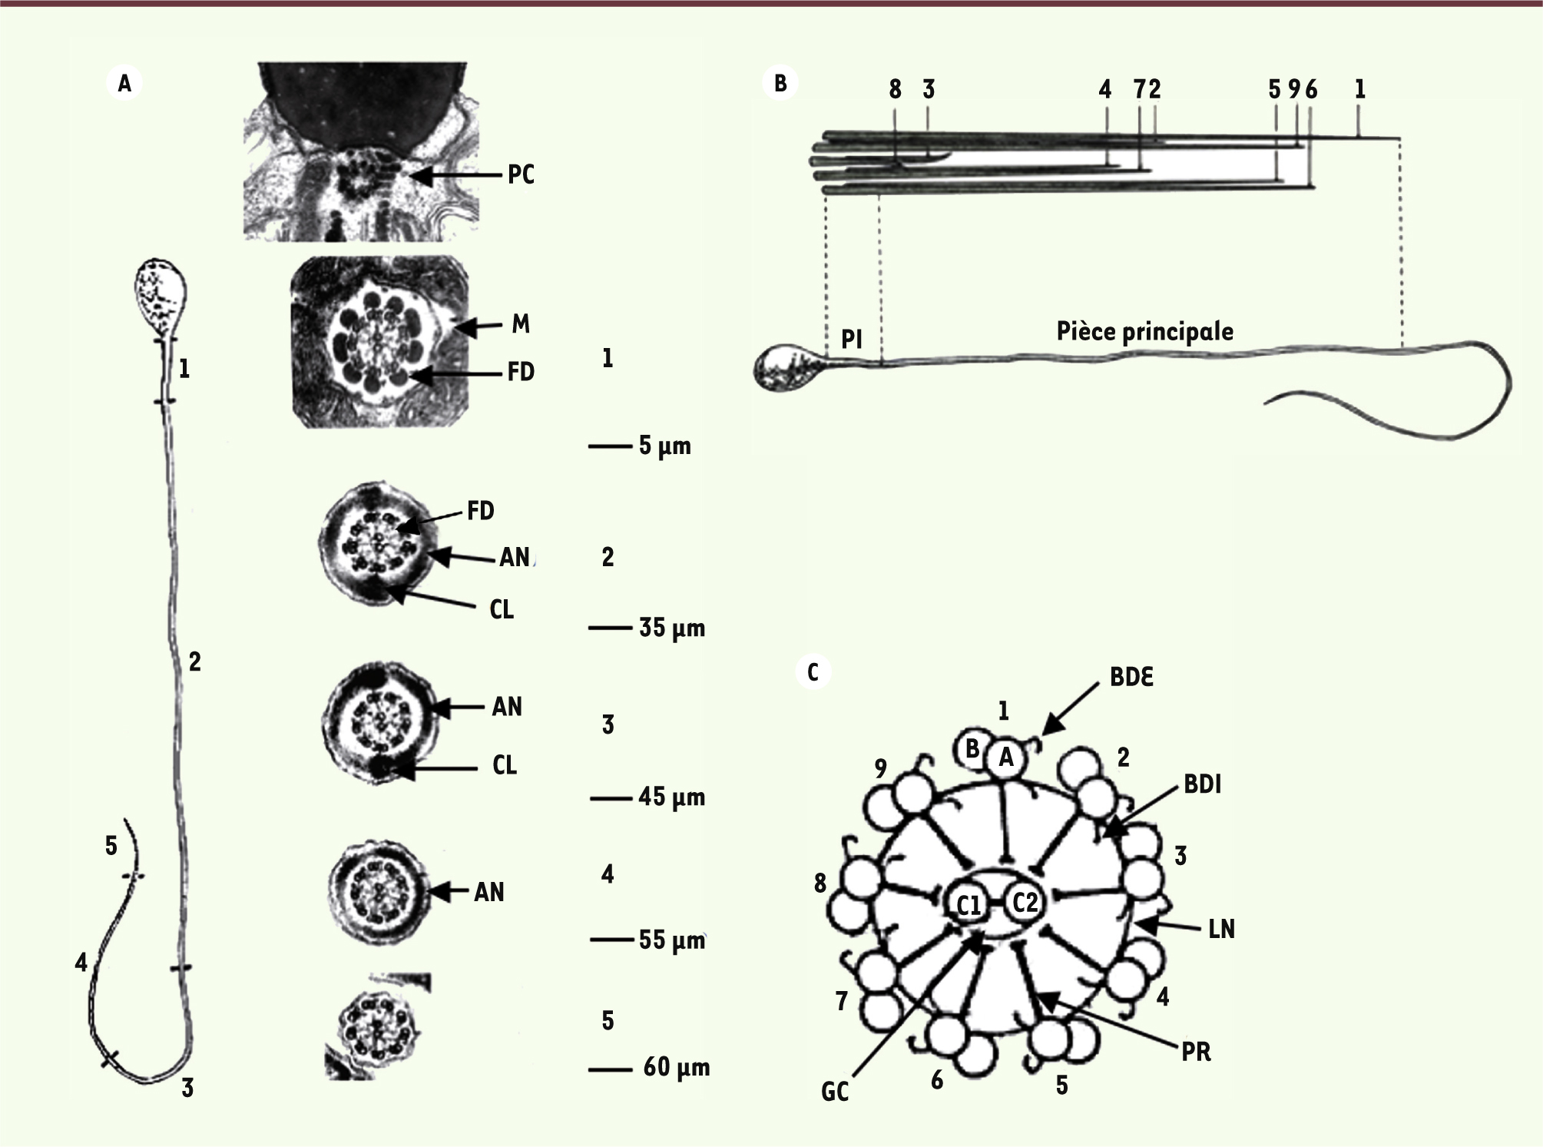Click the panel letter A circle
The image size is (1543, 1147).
point(124,83)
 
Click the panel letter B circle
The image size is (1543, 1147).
point(780,82)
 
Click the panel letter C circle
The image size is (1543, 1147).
point(813,673)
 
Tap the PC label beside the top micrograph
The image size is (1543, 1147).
point(521,175)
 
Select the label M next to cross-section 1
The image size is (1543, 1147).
point(521,324)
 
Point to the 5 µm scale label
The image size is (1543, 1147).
point(665,446)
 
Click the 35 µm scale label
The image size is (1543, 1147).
point(672,628)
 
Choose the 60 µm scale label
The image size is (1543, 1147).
point(677,1067)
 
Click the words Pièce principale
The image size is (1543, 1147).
point(1145,331)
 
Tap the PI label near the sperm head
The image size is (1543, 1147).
point(851,339)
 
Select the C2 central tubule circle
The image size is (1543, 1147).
point(1025,902)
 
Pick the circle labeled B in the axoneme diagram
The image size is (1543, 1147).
point(971,748)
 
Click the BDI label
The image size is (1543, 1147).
point(1202,785)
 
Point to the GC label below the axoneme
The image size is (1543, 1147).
point(835,1092)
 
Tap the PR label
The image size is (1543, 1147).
point(1197,1053)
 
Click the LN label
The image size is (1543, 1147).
point(1221,930)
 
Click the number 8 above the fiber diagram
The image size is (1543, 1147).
point(895,90)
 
